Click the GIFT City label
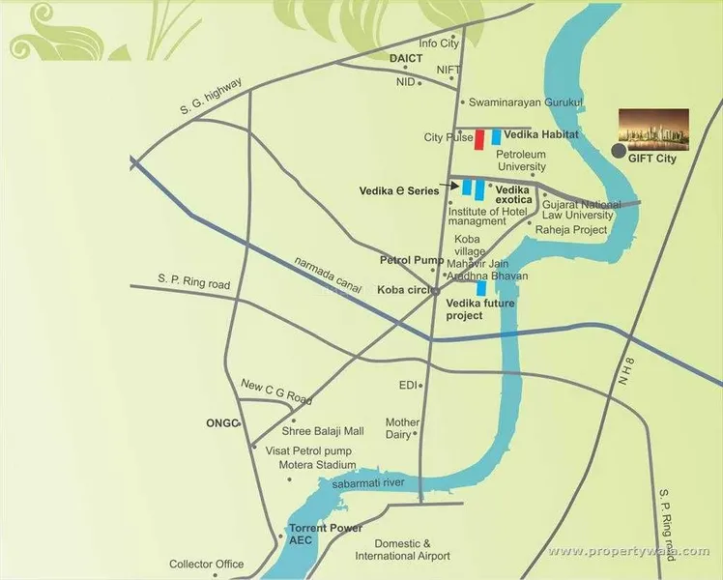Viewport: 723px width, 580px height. (x=651, y=159)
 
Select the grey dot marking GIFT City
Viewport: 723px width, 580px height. (x=619, y=151)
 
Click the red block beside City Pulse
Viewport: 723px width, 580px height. (x=479, y=138)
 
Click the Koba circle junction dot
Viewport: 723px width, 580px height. (x=435, y=290)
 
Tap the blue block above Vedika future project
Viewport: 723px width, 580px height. (x=480, y=288)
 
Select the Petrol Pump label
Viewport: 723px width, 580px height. (x=412, y=261)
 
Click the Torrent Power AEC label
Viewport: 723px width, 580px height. (x=326, y=535)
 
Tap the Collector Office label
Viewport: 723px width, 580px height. (x=207, y=565)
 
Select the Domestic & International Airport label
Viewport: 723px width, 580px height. (x=402, y=550)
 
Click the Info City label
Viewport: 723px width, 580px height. (x=438, y=43)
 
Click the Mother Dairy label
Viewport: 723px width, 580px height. (x=402, y=429)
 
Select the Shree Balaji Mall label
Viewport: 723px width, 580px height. (x=322, y=431)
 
